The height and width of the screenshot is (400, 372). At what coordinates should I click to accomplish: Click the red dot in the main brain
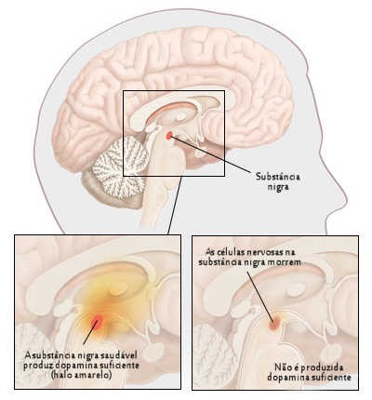click(169, 135)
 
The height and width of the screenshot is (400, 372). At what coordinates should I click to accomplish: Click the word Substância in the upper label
click(278, 177)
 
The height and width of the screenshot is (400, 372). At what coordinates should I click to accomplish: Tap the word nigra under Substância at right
click(278, 187)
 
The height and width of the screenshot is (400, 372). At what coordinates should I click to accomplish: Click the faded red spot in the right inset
click(274, 323)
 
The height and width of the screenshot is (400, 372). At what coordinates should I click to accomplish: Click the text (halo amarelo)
click(81, 375)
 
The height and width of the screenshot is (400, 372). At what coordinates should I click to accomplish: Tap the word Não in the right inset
click(283, 367)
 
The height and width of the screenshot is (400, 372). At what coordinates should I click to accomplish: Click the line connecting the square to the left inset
click(175, 206)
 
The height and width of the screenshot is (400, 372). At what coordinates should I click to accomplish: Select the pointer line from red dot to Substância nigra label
click(210, 153)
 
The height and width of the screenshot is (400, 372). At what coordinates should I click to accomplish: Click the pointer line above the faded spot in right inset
click(260, 297)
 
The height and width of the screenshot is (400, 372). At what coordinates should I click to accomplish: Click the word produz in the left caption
click(36, 366)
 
